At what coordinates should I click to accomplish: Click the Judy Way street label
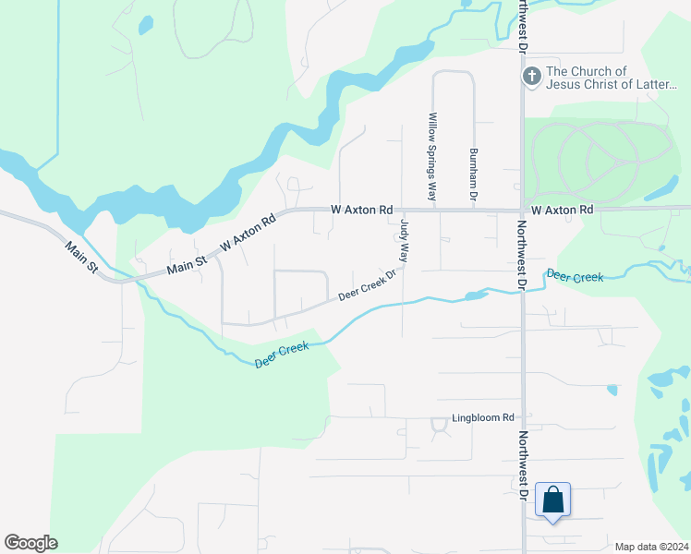pyautogui.click(x=404, y=241)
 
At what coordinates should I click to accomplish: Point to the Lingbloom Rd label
pyautogui.click(x=482, y=418)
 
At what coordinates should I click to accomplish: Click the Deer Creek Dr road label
pyautogui.click(x=367, y=283)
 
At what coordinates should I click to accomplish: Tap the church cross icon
pyautogui.click(x=532, y=77)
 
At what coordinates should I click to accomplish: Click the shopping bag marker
pyautogui.click(x=552, y=500)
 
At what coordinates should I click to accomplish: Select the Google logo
pyautogui.click(x=30, y=543)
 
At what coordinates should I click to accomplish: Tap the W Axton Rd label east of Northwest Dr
pyautogui.click(x=562, y=211)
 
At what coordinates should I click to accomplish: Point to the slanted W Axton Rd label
pyautogui.click(x=249, y=235)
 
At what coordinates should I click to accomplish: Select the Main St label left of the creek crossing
pyautogui.click(x=81, y=261)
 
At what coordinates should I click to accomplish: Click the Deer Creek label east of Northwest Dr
pyautogui.click(x=575, y=276)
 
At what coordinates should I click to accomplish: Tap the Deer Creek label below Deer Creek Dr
pyautogui.click(x=281, y=355)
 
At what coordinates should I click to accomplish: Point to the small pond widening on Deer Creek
pyautogui.click(x=474, y=296)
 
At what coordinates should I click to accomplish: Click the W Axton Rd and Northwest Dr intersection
pyautogui.click(x=522, y=210)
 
